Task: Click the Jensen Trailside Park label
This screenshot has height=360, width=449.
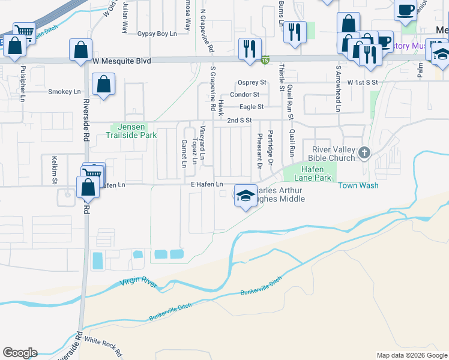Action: (x=135, y=131)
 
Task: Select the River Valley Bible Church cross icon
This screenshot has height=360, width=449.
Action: (x=364, y=154)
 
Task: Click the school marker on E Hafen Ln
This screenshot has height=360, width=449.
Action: (x=244, y=197)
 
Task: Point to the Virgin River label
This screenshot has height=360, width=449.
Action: (x=137, y=282)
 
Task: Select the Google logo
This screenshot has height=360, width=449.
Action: (x=20, y=352)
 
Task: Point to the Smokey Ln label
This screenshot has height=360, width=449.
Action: (x=64, y=92)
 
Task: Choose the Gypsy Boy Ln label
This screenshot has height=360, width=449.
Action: (x=157, y=34)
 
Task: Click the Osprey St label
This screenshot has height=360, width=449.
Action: (x=252, y=82)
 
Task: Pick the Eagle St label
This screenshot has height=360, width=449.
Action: (x=252, y=107)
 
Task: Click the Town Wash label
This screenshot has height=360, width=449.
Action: (x=358, y=185)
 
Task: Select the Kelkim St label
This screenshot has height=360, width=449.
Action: (x=54, y=170)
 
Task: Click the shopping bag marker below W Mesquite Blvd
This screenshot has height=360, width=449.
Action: (x=104, y=86)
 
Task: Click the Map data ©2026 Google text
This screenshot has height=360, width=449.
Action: (x=412, y=355)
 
